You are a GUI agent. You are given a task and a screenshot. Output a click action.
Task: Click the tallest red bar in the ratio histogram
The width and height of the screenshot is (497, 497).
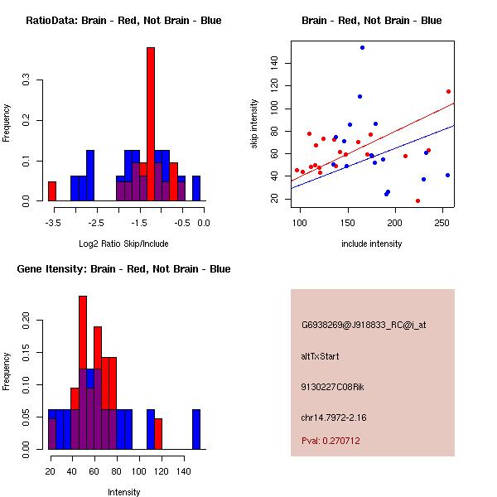point(151,124)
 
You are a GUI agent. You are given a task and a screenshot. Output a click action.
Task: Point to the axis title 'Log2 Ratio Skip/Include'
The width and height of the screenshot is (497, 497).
point(123,244)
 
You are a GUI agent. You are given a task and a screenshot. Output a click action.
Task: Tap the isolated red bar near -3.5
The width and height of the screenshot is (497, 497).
point(52,191)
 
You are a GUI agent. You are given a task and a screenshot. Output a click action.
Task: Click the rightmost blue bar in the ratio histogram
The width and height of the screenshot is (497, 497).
point(196,189)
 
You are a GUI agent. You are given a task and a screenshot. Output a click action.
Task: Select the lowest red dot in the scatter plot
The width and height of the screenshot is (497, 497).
point(417,200)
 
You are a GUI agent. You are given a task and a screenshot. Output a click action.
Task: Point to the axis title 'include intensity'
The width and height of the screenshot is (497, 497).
point(371,244)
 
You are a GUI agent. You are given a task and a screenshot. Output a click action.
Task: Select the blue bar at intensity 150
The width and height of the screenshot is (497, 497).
point(196,429)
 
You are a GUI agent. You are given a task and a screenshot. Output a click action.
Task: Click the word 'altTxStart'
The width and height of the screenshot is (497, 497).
point(320,356)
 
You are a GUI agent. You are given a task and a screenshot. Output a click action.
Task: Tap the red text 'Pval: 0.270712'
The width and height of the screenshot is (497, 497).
point(331,441)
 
